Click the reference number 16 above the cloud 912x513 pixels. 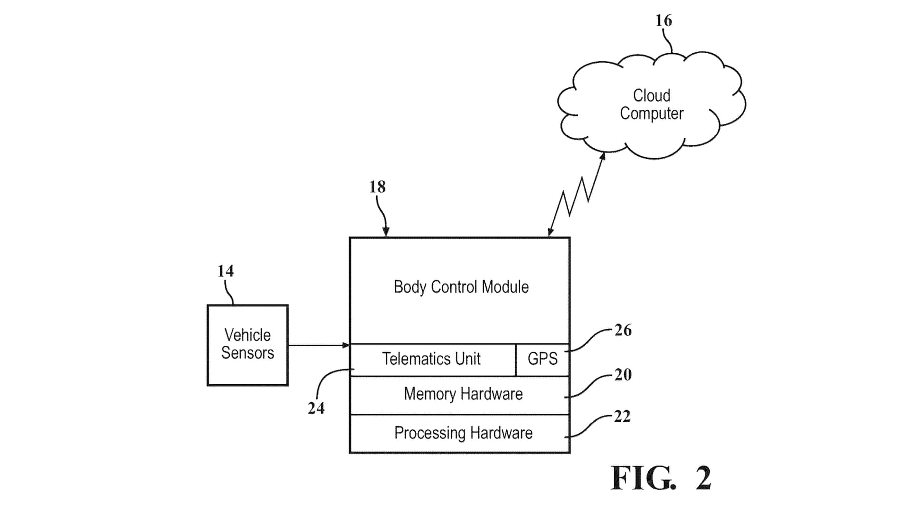click(664, 20)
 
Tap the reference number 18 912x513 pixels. click(378, 187)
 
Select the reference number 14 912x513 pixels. click(226, 271)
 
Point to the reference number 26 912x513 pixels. click(623, 330)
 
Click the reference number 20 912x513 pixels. click(623, 375)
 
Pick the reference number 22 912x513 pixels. click(622, 417)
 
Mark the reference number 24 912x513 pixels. click(316, 408)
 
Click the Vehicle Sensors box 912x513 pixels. click(247, 345)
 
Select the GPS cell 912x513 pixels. click(542, 359)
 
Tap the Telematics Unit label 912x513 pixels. click(431, 359)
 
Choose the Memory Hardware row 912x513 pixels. click(463, 394)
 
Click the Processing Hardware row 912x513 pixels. click(463, 433)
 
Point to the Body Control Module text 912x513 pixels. click(461, 287)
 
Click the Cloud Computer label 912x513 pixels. click(651, 104)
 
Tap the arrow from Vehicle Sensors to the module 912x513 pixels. click(318, 345)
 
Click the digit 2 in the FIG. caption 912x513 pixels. click(703, 478)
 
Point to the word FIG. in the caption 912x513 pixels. click(643, 478)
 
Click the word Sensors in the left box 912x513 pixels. click(247, 353)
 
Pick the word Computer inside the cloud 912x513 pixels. click(651, 114)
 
